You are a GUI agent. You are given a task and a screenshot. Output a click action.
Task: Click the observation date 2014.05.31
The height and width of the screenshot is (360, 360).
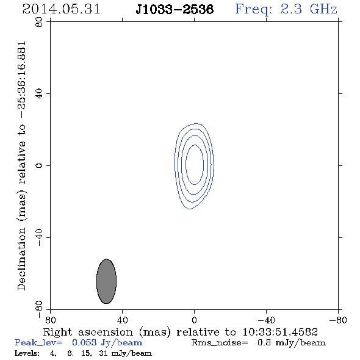pyautogui.click(x=61, y=9)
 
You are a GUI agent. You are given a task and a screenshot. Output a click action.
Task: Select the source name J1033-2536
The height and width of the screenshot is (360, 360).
pyautogui.click(x=175, y=9)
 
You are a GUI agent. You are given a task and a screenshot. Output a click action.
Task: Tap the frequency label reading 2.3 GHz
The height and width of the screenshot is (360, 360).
pyautogui.click(x=309, y=9)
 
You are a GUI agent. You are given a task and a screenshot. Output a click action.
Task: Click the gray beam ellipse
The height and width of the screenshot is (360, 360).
pyautogui.click(x=106, y=281)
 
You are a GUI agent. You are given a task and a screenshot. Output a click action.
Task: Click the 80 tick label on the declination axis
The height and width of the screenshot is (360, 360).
pyautogui.click(x=39, y=22)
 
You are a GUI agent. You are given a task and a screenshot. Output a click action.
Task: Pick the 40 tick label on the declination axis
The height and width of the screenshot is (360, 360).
pyautogui.click(x=39, y=94)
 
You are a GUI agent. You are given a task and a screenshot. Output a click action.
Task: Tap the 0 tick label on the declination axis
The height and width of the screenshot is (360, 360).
pyautogui.click(x=39, y=165)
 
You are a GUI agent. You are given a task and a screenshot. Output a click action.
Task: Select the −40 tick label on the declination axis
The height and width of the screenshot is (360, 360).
pyautogui.click(x=39, y=237)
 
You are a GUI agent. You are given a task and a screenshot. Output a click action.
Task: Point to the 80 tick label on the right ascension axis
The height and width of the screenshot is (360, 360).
pyautogui.click(x=50, y=320)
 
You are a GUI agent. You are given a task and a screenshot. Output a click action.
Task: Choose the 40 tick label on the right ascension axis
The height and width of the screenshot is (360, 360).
pyautogui.click(x=122, y=320)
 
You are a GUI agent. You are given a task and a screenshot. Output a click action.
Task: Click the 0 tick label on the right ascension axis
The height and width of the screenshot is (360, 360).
pyautogui.click(x=194, y=320)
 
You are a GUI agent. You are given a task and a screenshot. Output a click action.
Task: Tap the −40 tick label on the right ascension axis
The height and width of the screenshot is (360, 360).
pyautogui.click(x=266, y=320)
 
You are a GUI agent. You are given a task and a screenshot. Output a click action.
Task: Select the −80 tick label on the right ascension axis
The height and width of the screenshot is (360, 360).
pyautogui.click(x=338, y=320)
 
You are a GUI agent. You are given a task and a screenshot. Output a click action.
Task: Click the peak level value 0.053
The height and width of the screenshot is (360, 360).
pyautogui.click(x=84, y=342)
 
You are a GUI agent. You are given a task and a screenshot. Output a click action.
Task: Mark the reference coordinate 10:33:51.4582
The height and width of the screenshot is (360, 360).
pyautogui.click(x=280, y=332)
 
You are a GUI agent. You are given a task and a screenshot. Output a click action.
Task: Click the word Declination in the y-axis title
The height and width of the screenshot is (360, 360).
pyautogui.click(x=21, y=259)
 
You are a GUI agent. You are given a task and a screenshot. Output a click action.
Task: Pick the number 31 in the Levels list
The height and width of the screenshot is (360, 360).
pyautogui.click(x=103, y=353)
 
